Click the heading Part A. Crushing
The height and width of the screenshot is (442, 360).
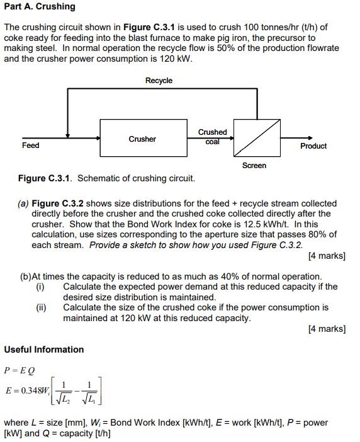point(40,6)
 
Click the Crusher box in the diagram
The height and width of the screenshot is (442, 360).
point(142,139)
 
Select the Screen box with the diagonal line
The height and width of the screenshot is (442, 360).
point(257,137)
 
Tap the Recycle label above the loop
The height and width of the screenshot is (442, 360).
point(159,81)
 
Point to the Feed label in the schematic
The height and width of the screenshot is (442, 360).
point(30,145)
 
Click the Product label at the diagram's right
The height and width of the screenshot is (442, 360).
point(313,146)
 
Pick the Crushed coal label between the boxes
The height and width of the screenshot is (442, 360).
point(212,137)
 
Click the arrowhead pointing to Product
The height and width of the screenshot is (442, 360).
point(308,139)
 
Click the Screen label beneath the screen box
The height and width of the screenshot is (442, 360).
point(254,166)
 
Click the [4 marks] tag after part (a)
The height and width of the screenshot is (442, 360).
point(327,256)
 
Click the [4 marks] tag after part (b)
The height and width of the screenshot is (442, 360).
point(327,329)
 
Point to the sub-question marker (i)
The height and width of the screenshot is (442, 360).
point(41,286)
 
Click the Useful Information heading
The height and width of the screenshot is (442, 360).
point(43,349)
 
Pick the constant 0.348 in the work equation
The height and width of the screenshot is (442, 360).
point(31,391)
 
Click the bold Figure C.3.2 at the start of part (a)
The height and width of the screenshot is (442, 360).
point(58,203)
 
